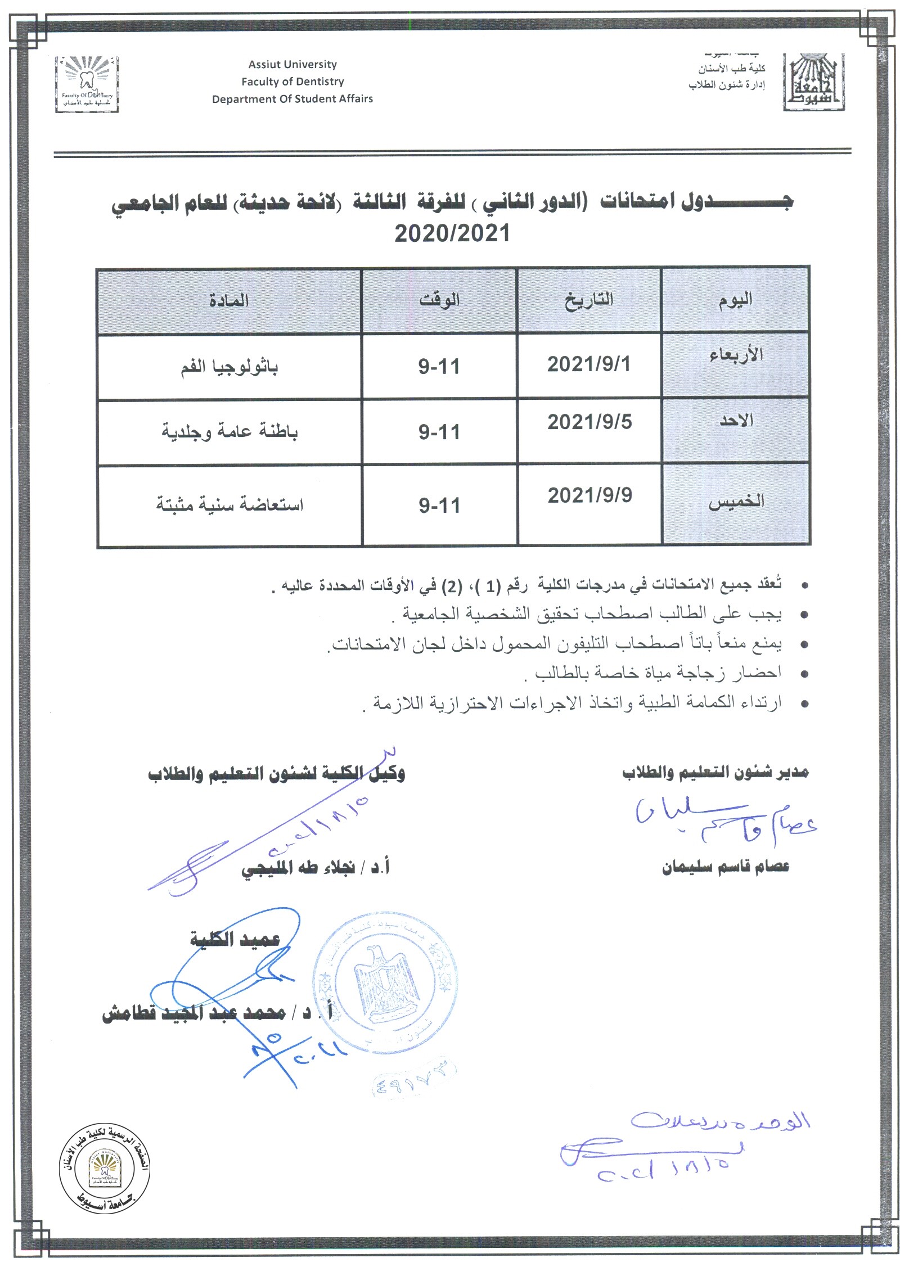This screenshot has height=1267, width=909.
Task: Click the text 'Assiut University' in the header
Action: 292,64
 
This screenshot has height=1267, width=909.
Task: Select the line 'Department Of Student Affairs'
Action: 292,99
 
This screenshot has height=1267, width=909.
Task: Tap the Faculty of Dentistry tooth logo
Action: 87,84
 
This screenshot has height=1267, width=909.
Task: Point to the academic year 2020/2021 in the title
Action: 452,233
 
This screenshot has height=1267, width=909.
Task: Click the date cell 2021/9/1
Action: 588,364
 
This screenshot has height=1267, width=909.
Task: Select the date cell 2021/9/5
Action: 589,422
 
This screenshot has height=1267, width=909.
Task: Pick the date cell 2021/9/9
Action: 589,495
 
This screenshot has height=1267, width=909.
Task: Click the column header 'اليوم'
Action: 735,301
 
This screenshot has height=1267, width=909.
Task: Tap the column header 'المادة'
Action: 229,301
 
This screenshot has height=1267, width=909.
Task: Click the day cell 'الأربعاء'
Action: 736,355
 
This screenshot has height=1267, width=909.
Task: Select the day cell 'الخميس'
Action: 736,502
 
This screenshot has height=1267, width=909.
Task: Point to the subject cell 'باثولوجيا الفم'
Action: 229,367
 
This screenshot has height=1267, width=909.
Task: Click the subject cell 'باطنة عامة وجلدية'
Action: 229,432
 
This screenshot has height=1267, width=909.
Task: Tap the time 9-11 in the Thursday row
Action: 439,506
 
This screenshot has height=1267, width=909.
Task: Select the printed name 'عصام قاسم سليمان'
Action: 725,867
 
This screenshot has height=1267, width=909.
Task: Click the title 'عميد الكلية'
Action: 235,939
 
